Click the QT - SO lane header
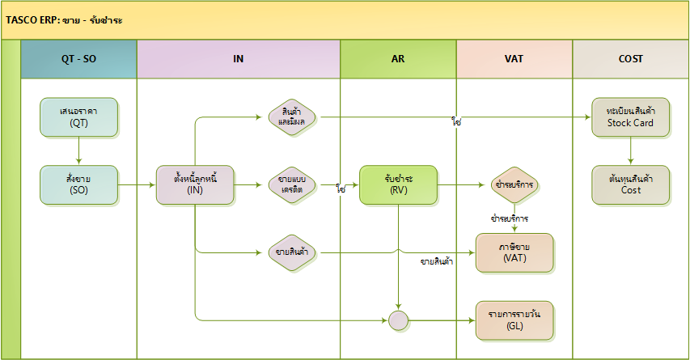coord(78,59)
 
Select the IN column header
coord(239,59)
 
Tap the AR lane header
coord(398,59)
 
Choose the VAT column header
coord(514,59)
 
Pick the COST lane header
coord(630,59)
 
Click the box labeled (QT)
coord(78,116)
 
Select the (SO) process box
coord(78,184)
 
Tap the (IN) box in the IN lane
coord(195,184)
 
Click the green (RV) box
coord(398,184)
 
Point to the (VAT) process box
coord(514,252)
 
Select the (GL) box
coord(514,320)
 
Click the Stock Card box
coord(630,116)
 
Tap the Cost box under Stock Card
coord(630,184)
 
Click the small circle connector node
coord(398,320)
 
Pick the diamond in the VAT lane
coord(514,184)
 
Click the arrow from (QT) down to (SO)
coord(78,150)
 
